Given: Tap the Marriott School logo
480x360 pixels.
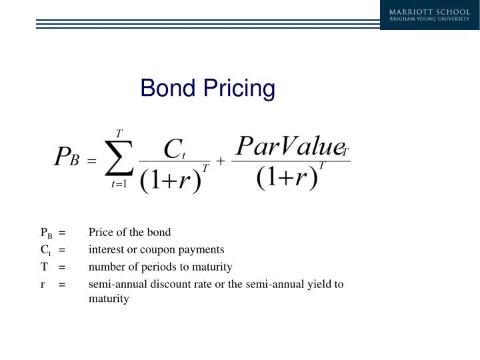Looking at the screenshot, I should (x=429, y=14).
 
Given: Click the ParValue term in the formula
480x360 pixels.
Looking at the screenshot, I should (x=289, y=146).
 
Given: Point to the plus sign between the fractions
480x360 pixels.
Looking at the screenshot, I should (x=221, y=161).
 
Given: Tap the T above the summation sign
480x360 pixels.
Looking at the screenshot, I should (x=119, y=133).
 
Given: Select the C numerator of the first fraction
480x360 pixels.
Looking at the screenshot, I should (x=172, y=148).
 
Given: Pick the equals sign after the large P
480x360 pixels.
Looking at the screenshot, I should (x=92, y=161).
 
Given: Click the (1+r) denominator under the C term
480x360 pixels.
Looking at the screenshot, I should (x=171, y=180).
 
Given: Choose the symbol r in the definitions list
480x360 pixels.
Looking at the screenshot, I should (x=43, y=285).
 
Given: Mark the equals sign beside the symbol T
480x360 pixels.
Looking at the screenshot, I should (x=61, y=267).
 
